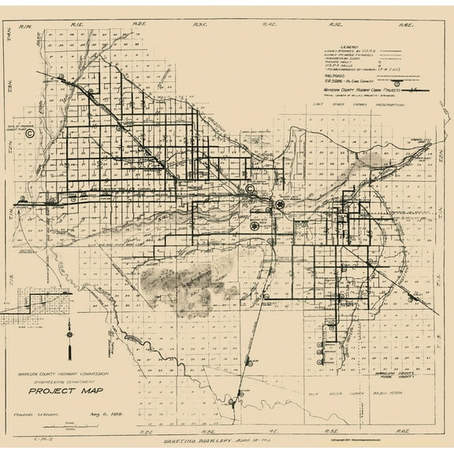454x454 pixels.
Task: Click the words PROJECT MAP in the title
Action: coord(59,389)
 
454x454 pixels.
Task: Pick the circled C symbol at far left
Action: coord(30,133)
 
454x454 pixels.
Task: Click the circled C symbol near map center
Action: coord(249,189)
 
